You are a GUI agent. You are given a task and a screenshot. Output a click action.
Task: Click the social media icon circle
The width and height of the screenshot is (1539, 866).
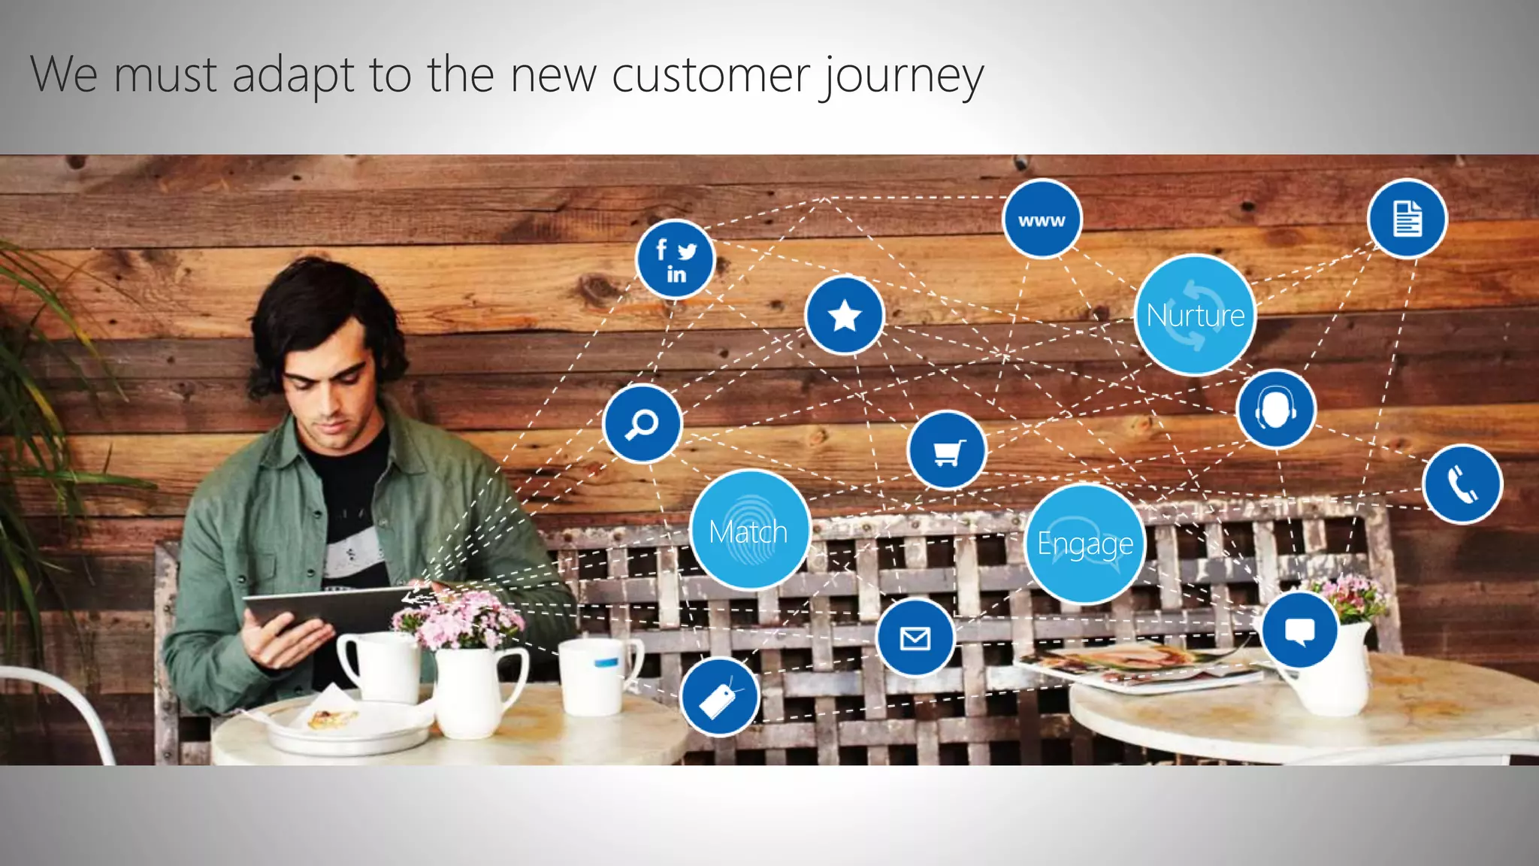point(675,259)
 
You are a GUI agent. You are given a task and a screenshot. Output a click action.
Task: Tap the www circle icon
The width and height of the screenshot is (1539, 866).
point(1042,219)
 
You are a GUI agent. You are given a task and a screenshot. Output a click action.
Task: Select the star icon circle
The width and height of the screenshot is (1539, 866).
point(844,315)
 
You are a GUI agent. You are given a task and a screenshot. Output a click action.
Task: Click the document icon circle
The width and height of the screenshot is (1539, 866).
point(1407,219)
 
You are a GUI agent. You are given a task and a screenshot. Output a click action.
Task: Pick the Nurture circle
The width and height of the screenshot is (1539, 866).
point(1195,315)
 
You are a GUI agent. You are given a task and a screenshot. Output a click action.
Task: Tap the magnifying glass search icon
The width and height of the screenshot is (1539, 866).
point(642,424)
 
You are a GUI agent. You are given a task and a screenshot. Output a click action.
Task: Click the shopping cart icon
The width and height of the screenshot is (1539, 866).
point(947,451)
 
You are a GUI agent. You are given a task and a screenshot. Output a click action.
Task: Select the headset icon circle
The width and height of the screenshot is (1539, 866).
point(1275,410)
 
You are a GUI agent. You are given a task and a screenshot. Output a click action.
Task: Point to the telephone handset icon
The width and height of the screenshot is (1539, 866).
point(1462,484)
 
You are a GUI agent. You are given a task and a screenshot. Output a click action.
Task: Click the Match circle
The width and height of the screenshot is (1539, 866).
point(749,531)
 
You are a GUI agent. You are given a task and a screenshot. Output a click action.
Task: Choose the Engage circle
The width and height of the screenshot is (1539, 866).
point(1084,543)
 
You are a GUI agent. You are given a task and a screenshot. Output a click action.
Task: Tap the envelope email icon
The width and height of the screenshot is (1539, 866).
point(915,638)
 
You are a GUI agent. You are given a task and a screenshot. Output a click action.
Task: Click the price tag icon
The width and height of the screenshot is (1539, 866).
point(719,697)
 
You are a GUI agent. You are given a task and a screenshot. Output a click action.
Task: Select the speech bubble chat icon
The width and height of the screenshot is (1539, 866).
point(1299,630)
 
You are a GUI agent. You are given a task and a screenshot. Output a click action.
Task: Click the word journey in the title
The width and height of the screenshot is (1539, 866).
point(901,75)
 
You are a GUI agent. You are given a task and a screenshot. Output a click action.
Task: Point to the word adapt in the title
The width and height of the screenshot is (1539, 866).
point(292,75)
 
